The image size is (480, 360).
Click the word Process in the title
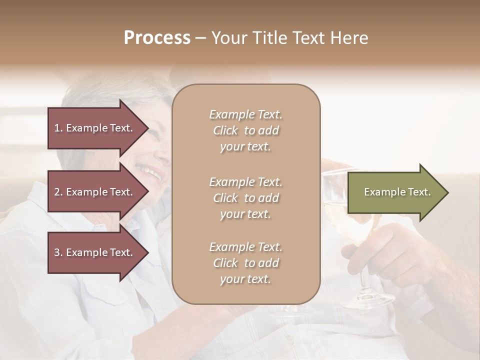157,38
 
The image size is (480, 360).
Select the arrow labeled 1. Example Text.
95,128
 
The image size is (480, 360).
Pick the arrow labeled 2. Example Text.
95,192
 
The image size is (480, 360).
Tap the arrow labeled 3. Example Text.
95,252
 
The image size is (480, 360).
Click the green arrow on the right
395,192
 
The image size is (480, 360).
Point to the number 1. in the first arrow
58,128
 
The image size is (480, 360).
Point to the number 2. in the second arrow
58,192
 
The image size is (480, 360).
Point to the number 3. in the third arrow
58,252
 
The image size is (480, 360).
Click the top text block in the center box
245,130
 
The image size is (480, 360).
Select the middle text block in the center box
245,197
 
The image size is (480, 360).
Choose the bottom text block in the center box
245,263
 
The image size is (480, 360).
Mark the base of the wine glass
367,300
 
